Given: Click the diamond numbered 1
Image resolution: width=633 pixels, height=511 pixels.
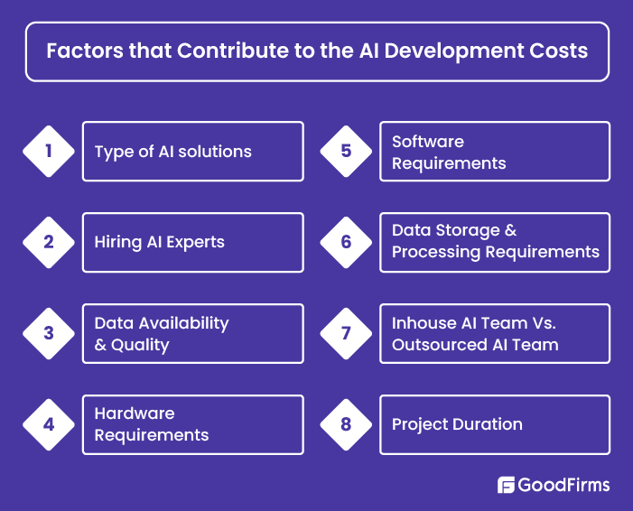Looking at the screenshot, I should (x=49, y=152).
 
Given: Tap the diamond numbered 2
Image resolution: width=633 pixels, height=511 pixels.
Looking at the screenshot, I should (x=49, y=242).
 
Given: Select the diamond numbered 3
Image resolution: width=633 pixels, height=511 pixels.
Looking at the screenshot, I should (x=49, y=333).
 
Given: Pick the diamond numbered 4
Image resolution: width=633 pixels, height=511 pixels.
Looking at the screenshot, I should (x=49, y=424).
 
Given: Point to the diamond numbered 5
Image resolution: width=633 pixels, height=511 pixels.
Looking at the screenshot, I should (x=346, y=152).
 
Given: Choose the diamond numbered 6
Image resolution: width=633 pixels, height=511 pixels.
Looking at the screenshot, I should (x=346, y=242).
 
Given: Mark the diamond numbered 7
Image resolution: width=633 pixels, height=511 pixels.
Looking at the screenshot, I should (x=346, y=333).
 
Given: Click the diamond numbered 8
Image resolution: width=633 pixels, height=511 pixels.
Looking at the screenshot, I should (x=346, y=424).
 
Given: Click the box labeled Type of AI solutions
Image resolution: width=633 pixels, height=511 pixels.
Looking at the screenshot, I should (x=192, y=152).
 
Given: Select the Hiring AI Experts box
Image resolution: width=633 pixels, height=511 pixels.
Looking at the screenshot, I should (x=192, y=242).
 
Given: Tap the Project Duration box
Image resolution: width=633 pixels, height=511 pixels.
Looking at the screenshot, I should (x=494, y=424).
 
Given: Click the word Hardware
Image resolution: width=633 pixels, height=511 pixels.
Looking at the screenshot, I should (x=135, y=413).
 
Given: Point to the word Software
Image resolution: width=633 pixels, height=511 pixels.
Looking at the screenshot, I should (x=428, y=142).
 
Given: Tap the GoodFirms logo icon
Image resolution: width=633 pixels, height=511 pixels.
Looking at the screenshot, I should (x=506, y=485).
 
